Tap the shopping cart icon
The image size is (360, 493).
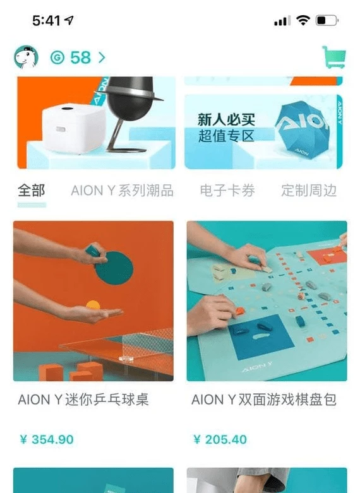334,57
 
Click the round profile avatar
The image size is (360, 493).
26,57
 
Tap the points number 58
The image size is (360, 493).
81,57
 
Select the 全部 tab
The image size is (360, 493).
32,191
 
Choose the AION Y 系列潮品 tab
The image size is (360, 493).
122,191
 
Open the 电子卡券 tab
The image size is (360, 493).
227,191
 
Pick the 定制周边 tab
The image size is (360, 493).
309,191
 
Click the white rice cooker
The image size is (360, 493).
75,128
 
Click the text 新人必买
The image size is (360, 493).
226,119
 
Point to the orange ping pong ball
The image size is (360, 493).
93,306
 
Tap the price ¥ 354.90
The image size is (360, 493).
47,439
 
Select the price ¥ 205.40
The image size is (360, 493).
220,439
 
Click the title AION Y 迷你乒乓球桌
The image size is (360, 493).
83,400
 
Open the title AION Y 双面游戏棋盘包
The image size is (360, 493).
264,400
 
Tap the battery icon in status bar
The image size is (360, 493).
327,21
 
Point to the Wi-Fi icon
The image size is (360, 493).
303,21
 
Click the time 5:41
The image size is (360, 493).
46,21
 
